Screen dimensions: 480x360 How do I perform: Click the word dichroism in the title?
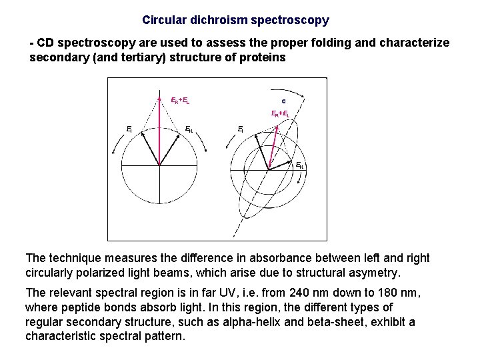pyautogui.click(x=213, y=20)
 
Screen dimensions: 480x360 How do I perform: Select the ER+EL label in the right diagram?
pyautogui.click(x=279, y=114)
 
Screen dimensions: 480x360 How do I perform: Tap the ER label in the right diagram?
pyautogui.click(x=299, y=165)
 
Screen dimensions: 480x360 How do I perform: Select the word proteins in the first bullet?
pyautogui.click(x=265, y=57)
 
